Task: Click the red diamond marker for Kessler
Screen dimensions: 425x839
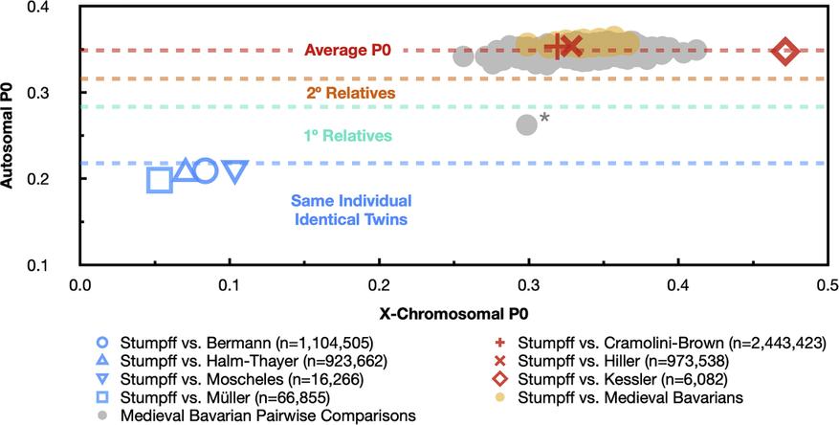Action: click(x=785, y=52)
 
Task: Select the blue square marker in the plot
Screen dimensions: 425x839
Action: click(x=160, y=180)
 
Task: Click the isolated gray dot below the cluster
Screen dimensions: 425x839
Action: click(x=526, y=124)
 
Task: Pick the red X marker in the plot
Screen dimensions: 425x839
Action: click(x=572, y=46)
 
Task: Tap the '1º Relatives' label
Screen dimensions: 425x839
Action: click(x=349, y=136)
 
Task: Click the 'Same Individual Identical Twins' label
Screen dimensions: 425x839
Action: click(x=350, y=211)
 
